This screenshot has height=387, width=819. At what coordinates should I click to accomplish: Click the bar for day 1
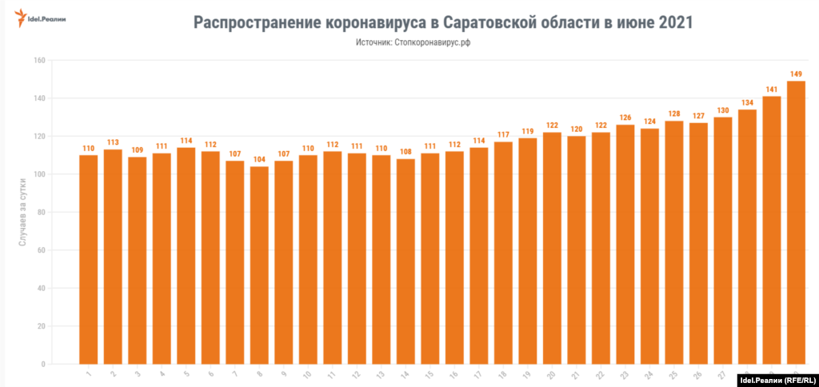(88, 259)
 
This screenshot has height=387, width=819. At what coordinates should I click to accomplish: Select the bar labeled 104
(259, 265)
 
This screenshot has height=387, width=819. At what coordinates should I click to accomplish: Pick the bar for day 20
(552, 248)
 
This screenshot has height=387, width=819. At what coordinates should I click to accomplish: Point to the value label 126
(625, 118)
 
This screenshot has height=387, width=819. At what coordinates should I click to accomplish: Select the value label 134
(747, 102)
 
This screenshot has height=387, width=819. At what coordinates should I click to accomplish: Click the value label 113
(113, 142)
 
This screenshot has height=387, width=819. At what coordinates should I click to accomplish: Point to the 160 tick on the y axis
(39, 60)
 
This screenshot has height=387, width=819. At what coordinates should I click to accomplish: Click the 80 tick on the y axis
(41, 213)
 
